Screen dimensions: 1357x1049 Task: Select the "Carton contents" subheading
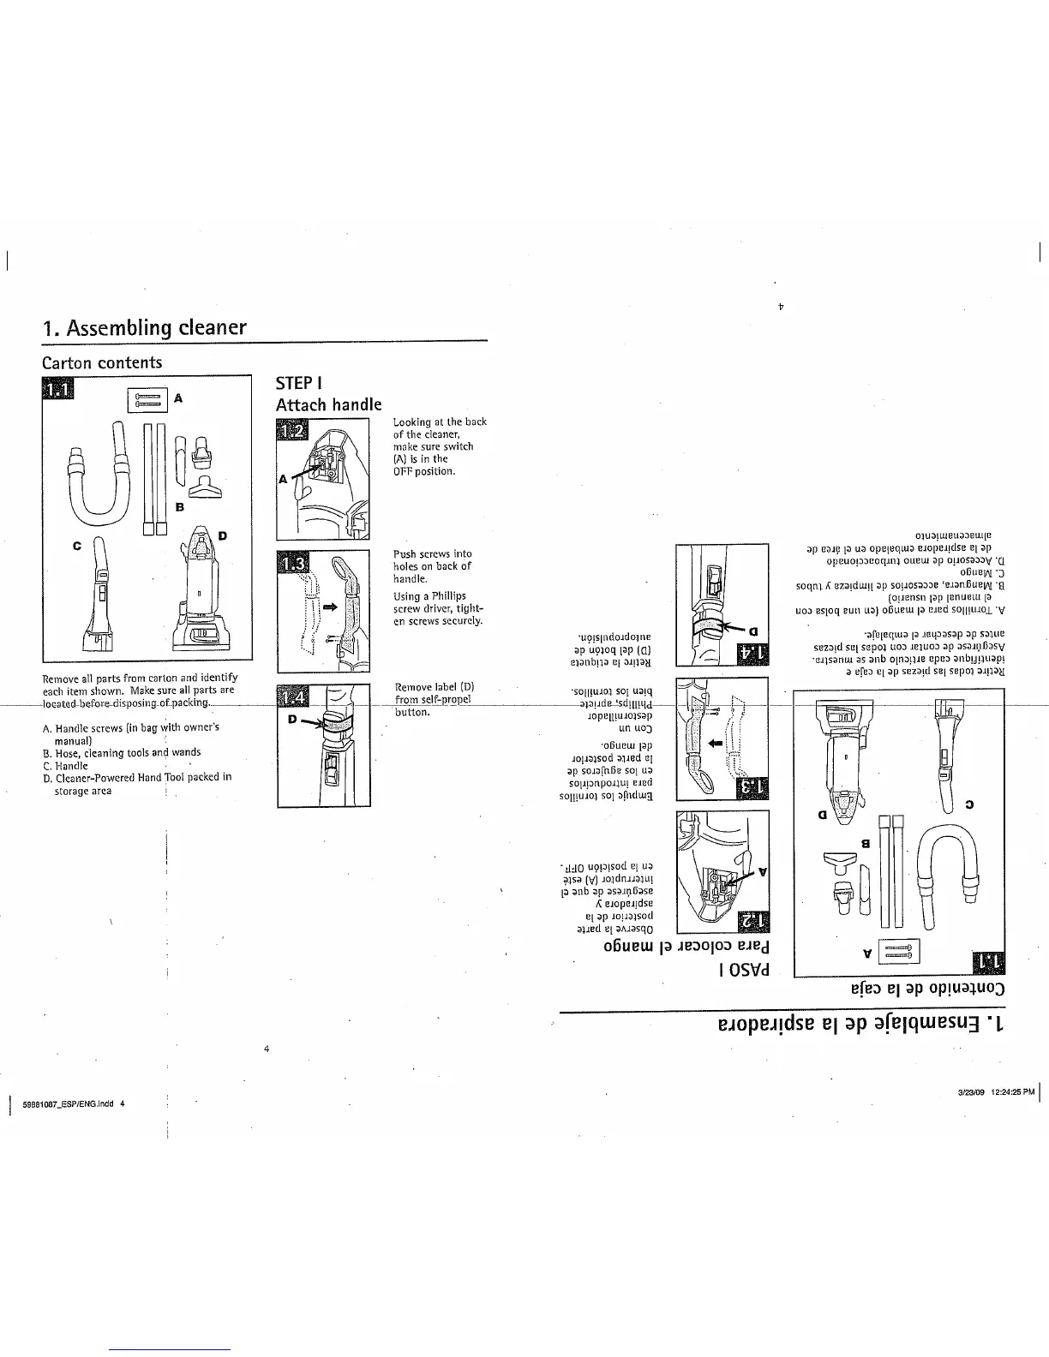click(102, 362)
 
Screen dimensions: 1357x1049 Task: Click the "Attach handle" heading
click(328, 404)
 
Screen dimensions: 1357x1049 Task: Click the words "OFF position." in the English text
click(424, 471)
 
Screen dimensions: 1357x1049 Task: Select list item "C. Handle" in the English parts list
click(65, 766)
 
